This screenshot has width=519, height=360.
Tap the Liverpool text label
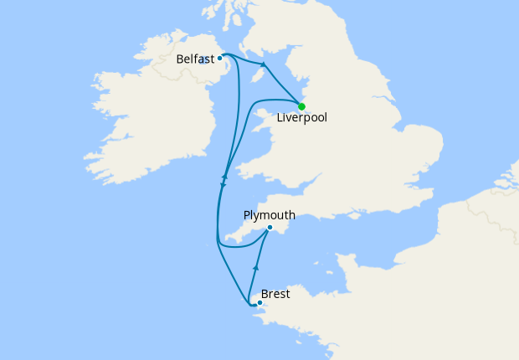pos(301,118)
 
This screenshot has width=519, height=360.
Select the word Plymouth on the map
pos(269,215)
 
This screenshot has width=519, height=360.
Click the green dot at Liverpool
pos(301,106)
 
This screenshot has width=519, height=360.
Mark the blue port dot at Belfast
pos(219,59)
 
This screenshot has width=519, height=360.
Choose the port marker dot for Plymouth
pos(270,227)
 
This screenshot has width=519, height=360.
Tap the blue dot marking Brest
pos(260,302)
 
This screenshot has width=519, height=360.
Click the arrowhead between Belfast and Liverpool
pos(264,64)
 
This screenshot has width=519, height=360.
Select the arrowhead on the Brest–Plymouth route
pos(256,266)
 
